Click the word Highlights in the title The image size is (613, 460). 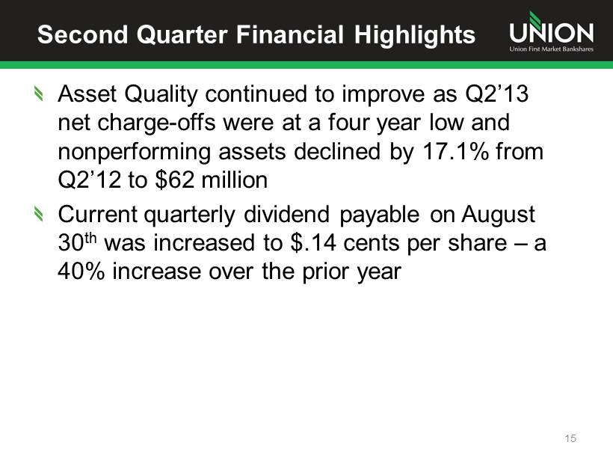click(415, 34)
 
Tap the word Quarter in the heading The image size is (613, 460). click(182, 34)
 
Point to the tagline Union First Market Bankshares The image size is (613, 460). click(551, 49)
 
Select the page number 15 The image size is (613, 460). click(570, 438)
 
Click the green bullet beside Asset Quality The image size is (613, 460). click(38, 93)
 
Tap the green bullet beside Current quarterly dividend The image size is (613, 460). click(38, 214)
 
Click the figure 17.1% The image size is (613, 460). click(455, 151)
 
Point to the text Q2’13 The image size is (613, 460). click(496, 94)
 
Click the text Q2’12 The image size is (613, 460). click(90, 180)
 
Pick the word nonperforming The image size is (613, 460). click(134, 152)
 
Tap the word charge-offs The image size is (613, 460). click(156, 123)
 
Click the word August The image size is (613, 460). click(498, 215)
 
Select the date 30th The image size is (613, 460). click(77, 242)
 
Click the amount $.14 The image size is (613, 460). click(313, 242)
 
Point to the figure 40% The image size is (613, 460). click(81, 272)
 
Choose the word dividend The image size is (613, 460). click(286, 215)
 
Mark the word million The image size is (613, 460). click(235, 180)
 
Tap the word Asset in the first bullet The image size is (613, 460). click(87, 94)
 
